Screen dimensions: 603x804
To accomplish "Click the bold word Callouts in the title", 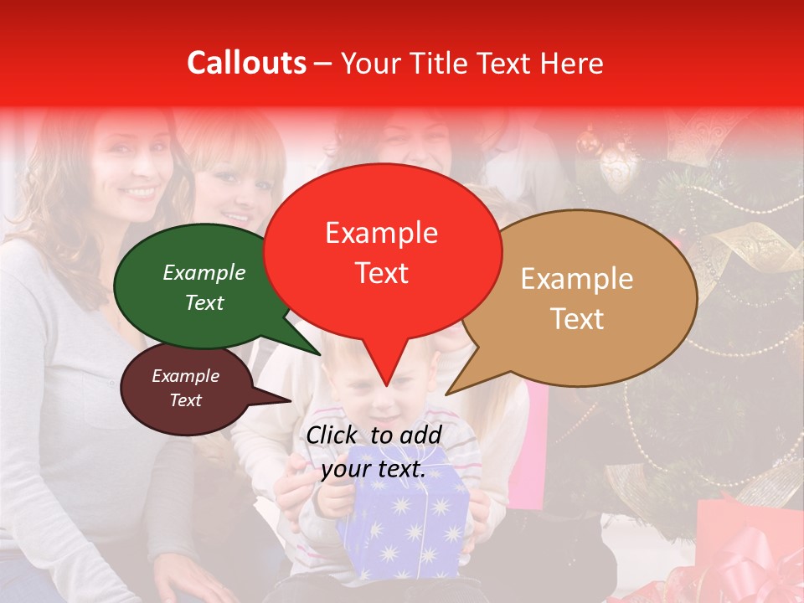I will click(246, 63).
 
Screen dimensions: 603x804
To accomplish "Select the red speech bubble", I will click(382, 251).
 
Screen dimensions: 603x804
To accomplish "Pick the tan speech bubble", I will click(578, 297).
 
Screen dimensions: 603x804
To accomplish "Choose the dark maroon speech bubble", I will click(186, 389).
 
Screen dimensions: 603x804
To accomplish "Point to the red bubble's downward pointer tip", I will click(386, 386).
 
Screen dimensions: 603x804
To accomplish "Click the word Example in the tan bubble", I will click(577, 279).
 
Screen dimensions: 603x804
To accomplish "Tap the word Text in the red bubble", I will click(382, 273).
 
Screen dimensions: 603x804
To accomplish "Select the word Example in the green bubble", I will click(204, 272).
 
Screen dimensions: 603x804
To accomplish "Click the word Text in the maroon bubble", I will click(186, 400).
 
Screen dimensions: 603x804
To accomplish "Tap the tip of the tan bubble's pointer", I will click(446, 394).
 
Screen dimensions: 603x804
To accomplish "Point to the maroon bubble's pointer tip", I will click(291, 401).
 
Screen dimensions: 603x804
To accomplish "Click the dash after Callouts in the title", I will click(324, 64).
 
